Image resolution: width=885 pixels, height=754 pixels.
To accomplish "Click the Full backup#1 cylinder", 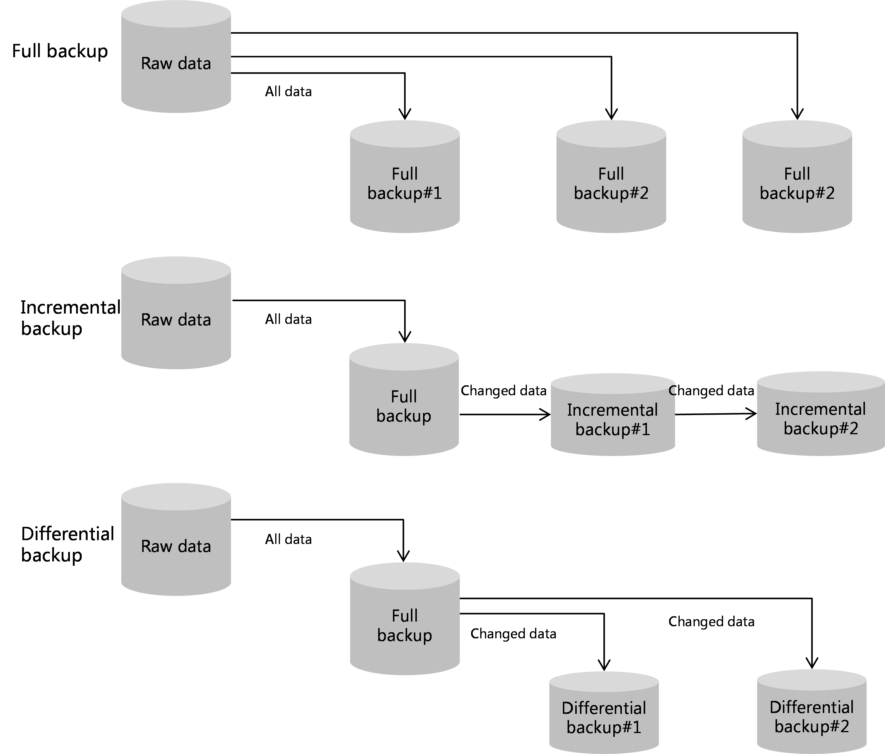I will coord(404,184).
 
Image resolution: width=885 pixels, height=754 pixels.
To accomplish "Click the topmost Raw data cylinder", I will coord(176,64).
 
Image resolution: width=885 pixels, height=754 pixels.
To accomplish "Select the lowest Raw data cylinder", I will coord(176,547).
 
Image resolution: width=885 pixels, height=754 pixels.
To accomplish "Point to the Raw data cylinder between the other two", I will coord(176,320).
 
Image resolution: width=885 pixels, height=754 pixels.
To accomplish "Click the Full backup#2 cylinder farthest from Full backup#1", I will coord(797,184).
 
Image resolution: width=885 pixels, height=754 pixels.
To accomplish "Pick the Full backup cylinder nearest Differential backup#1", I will coord(404,626).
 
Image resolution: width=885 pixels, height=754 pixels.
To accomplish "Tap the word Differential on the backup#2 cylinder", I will coord(812,707).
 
